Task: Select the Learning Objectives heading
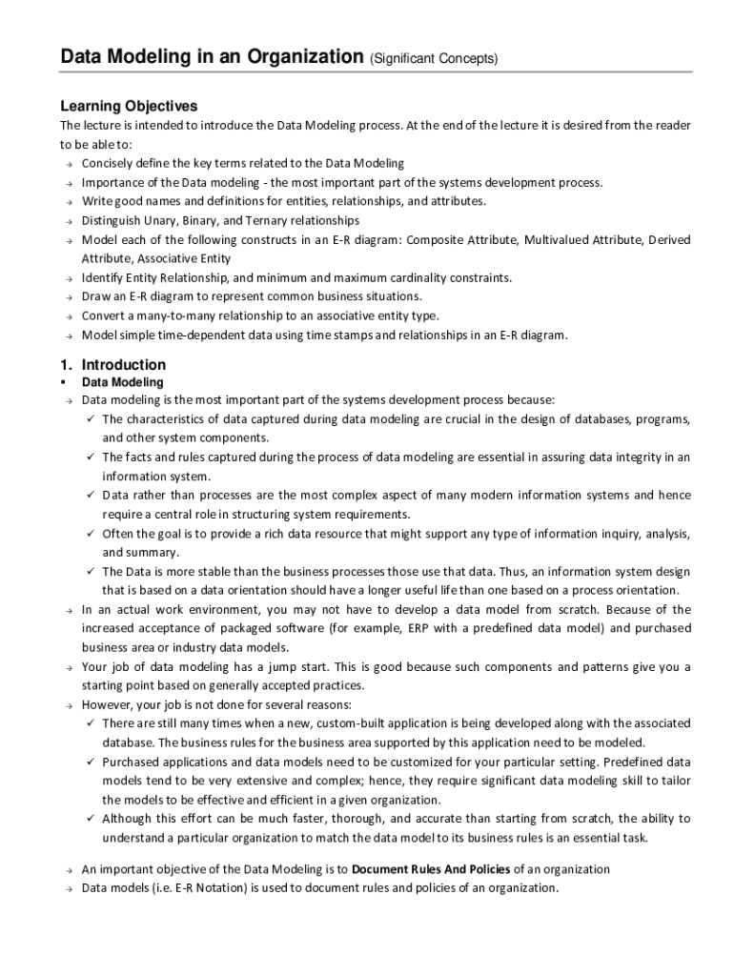(x=129, y=106)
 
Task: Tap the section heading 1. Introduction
(x=112, y=365)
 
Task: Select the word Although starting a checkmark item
(x=129, y=819)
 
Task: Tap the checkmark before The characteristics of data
(x=89, y=419)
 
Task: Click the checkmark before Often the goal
(x=89, y=534)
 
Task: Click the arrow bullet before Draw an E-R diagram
(x=69, y=296)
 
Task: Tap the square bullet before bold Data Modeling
(x=63, y=382)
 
